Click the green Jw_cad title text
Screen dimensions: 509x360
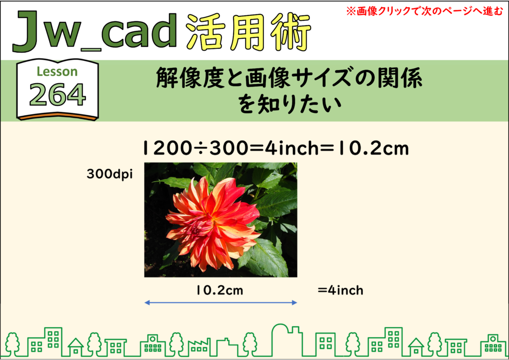[94, 31]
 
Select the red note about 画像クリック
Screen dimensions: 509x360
[424, 11]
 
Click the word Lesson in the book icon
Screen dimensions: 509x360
[57, 72]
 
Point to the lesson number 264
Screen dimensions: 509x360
[58, 95]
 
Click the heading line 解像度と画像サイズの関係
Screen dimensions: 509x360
[289, 79]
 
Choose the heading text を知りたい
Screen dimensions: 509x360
[290, 104]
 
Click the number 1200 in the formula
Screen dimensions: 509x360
[168, 148]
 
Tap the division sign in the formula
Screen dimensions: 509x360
[201, 149]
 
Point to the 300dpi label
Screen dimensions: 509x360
[110, 175]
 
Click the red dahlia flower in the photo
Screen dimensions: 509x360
[213, 224]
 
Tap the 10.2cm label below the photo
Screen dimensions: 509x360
[220, 290]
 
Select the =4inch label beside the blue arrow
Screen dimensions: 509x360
[340, 290]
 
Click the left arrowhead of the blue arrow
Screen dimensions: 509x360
[147, 303]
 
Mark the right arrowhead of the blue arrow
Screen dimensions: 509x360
[295, 303]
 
